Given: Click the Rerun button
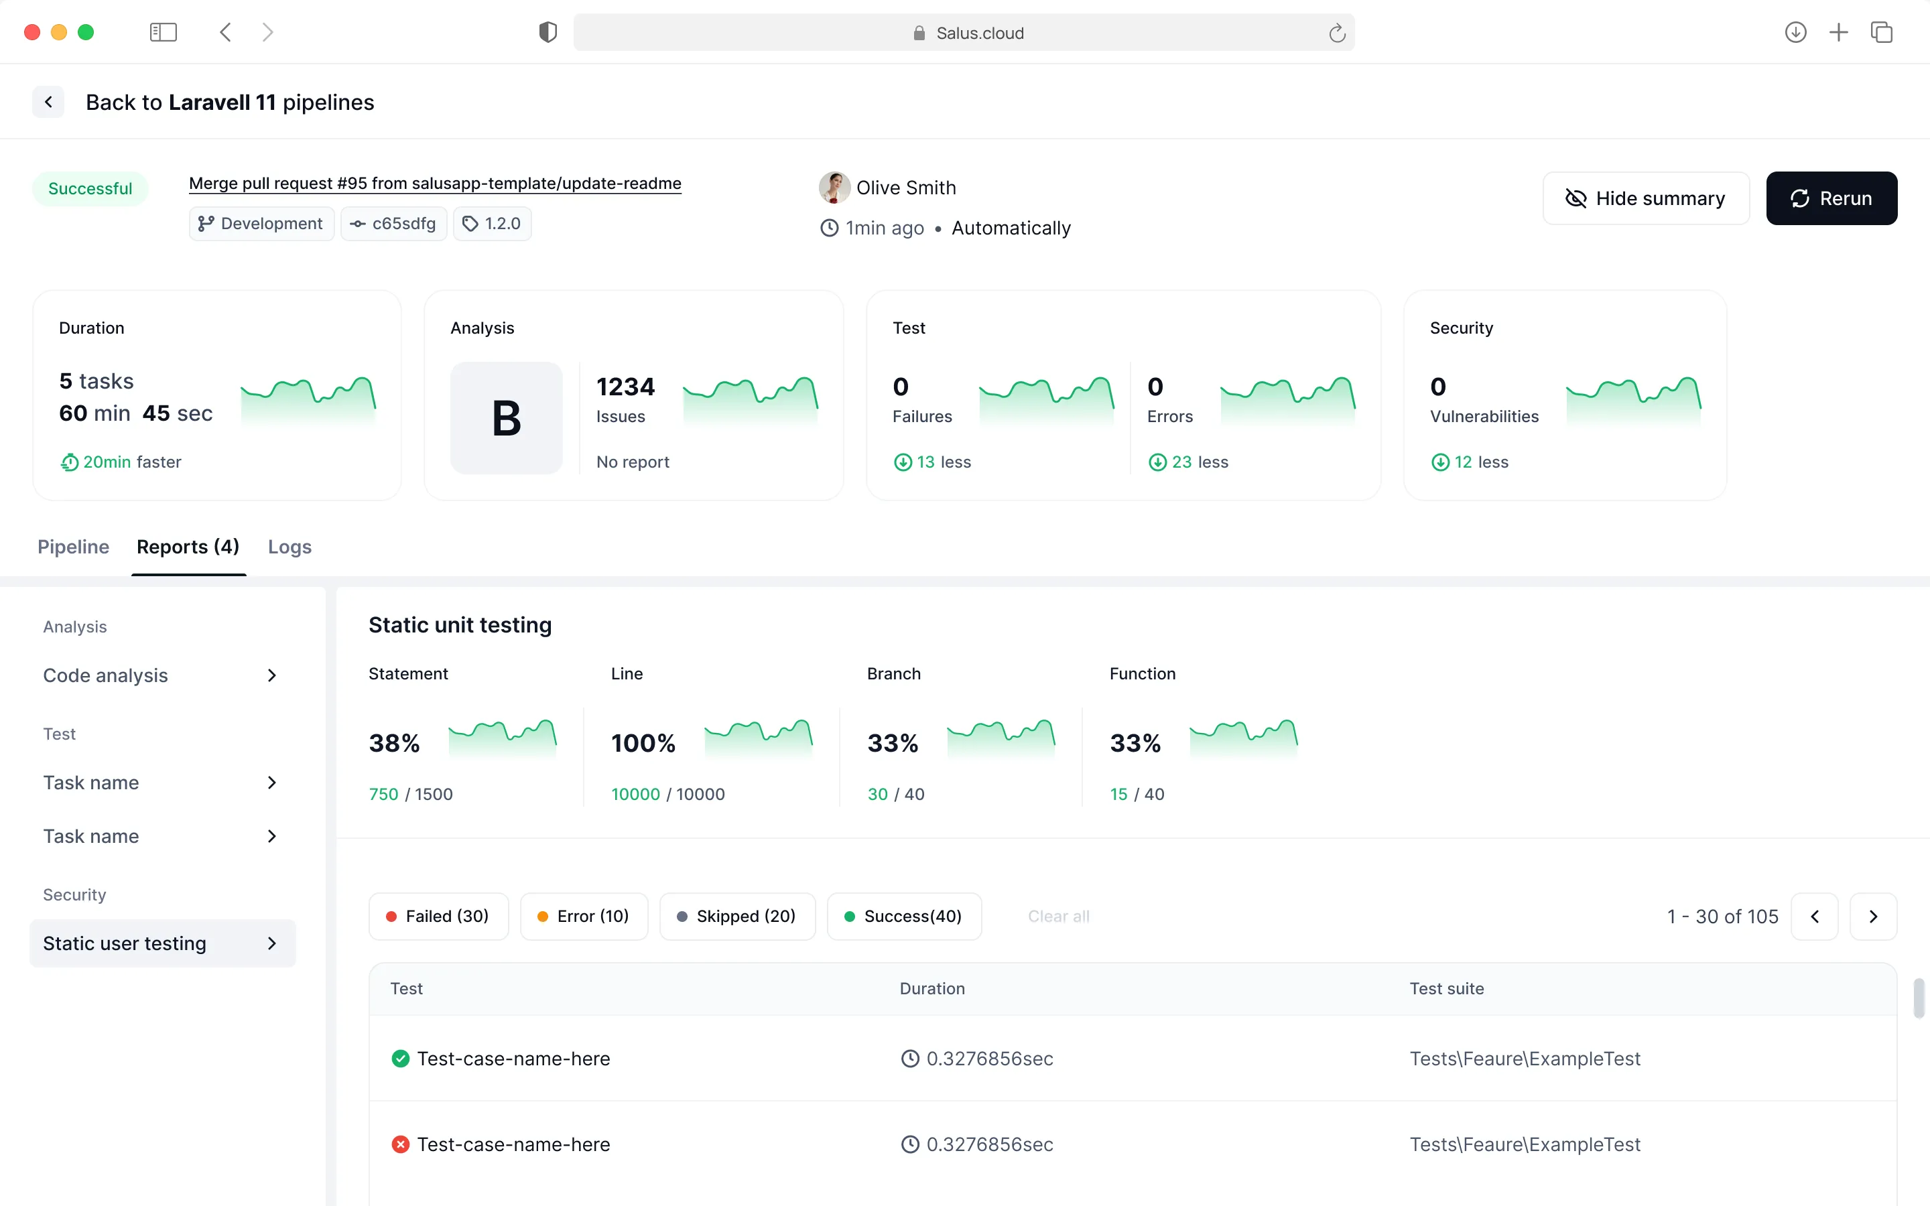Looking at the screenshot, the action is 1831,198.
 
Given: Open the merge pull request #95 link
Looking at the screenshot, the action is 435,184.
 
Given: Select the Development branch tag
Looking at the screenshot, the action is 261,223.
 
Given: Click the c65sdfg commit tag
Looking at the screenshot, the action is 394,223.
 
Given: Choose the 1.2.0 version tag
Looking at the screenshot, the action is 492,223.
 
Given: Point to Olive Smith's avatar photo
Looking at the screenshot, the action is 834,188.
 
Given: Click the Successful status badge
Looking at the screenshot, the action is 90,189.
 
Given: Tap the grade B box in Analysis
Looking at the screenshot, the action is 507,418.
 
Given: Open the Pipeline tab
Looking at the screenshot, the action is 73,546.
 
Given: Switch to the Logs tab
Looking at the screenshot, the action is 289,546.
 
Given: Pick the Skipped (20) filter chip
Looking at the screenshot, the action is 738,917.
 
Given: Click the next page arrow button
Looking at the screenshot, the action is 1874,917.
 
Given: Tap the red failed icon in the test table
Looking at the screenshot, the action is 400,1144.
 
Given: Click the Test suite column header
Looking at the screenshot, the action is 1447,989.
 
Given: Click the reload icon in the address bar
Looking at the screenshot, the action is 1337,33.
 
